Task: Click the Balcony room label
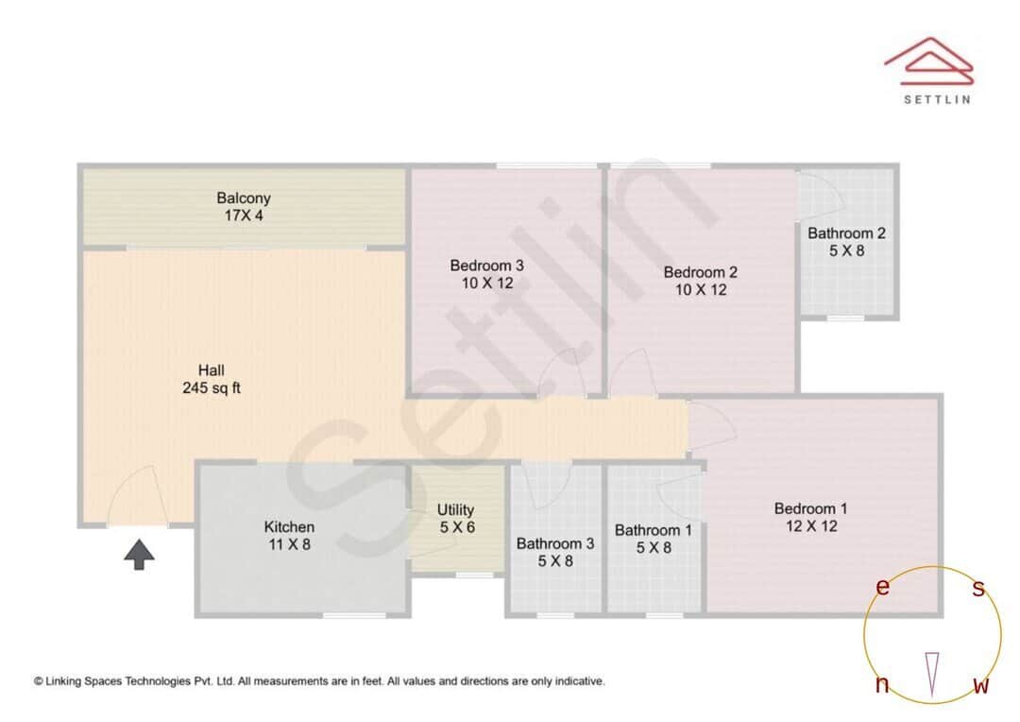244,207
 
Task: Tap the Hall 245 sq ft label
212,378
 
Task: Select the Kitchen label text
289,535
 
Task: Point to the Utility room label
456,518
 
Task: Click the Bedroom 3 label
486,273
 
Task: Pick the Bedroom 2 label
700,281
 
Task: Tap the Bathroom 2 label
846,242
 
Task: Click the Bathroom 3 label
555,552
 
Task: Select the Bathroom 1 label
654,539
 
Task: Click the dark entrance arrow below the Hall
140,555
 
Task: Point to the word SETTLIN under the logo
937,98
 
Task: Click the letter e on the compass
882,588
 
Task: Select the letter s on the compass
978,589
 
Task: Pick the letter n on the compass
882,685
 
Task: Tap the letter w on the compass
981,685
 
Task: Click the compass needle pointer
932,673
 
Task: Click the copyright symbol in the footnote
39,680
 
